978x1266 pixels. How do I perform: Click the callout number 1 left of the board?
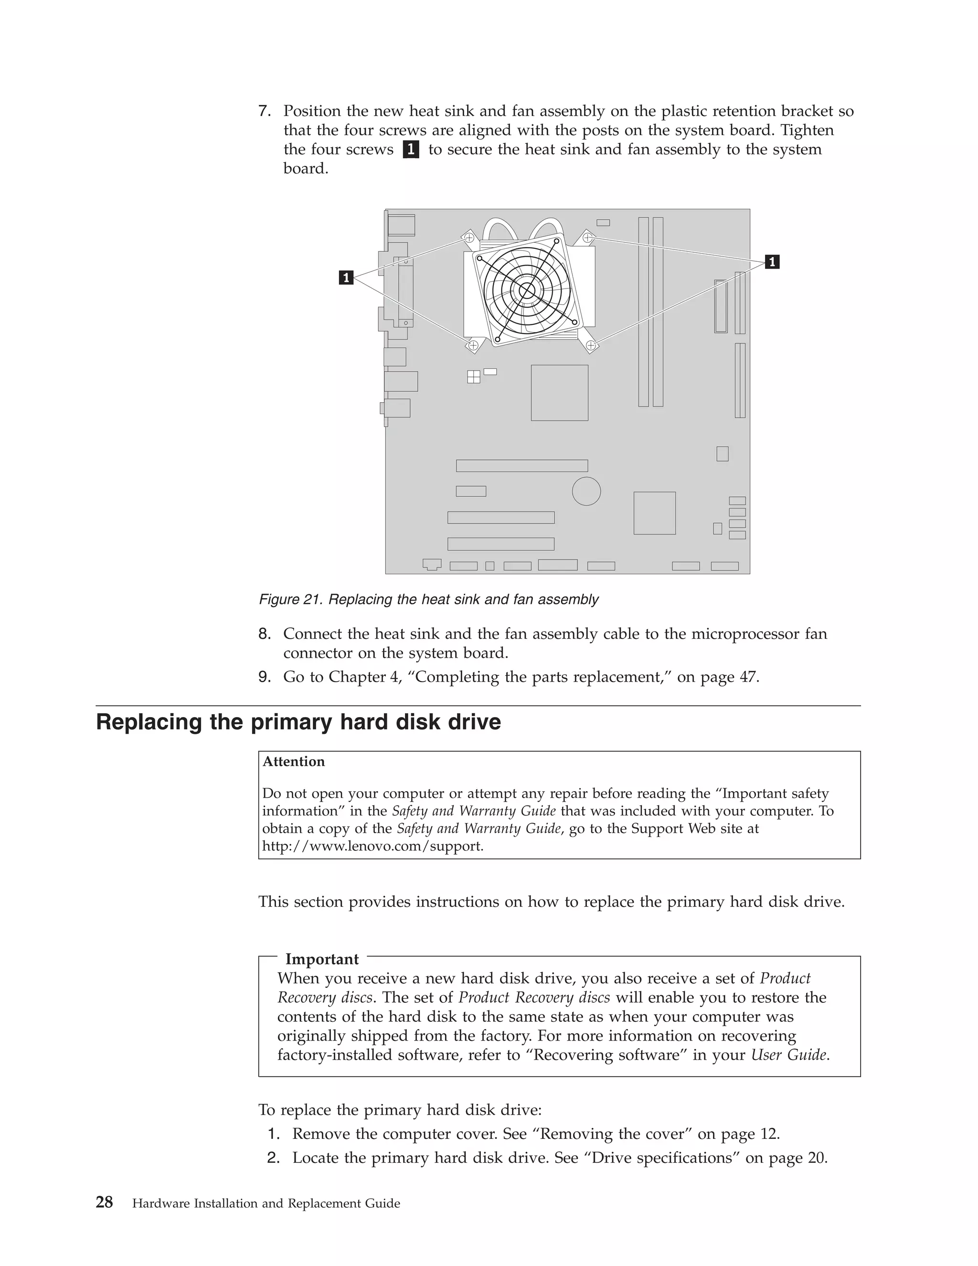click(346, 278)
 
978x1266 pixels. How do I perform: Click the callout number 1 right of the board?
click(772, 262)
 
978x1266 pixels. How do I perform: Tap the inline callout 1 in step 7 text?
click(411, 150)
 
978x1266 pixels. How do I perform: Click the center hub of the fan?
click(527, 291)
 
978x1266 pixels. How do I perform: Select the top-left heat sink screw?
click(469, 237)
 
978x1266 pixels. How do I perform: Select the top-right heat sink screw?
click(587, 237)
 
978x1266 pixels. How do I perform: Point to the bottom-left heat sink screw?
click(473, 345)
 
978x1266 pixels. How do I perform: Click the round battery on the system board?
click(586, 491)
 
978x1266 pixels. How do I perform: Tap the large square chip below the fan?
click(559, 392)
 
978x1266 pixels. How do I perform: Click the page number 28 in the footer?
click(104, 1203)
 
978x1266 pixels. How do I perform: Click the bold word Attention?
click(294, 762)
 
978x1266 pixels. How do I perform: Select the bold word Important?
click(322, 959)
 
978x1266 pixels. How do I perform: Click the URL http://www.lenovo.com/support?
click(372, 846)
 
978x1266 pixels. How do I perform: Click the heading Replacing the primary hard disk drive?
click(298, 722)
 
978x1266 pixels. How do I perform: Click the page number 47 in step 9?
click(748, 677)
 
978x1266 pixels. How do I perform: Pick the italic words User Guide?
click(788, 1054)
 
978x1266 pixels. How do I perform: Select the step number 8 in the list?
click(264, 633)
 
